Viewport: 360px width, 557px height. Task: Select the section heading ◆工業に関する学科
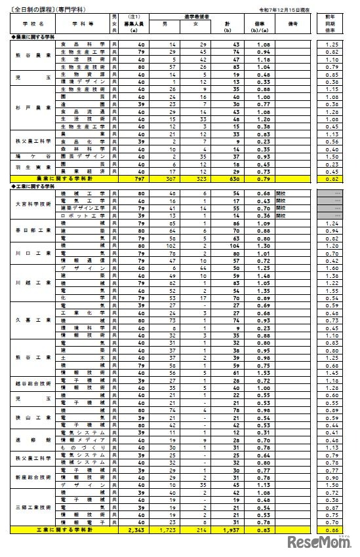pos(30,186)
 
